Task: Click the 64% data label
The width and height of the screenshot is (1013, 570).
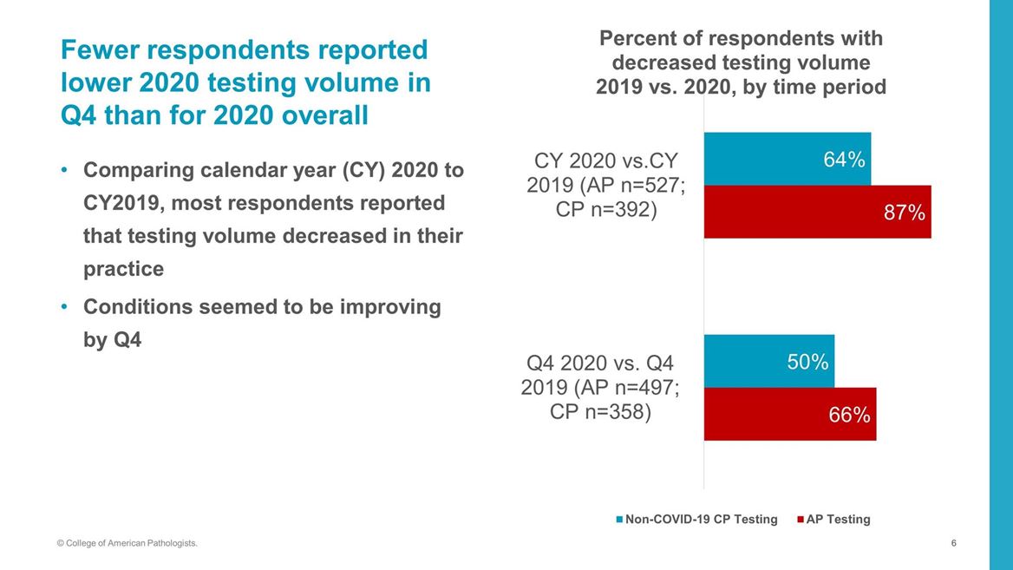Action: point(843,160)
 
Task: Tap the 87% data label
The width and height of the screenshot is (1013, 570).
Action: point(904,213)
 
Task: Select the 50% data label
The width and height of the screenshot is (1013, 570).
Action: point(807,362)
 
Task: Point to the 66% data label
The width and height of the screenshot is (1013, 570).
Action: point(849,415)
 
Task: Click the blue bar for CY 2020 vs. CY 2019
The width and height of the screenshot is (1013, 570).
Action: point(763,160)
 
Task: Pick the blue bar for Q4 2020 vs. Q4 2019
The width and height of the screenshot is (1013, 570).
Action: point(746,362)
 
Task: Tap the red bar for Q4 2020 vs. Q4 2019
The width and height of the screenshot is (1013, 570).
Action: point(763,415)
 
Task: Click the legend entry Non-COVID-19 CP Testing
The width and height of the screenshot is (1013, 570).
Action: point(701,520)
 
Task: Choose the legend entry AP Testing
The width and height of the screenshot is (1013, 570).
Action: point(838,520)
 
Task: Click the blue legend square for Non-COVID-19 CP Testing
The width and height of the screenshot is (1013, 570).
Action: point(619,520)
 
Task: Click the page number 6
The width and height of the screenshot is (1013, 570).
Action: point(953,543)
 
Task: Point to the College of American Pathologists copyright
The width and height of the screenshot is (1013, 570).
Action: point(127,543)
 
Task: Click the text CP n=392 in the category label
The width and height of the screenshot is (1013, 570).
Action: point(605,210)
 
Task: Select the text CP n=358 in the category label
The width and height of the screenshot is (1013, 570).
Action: point(600,410)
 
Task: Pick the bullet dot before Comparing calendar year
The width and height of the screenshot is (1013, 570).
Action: point(64,170)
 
